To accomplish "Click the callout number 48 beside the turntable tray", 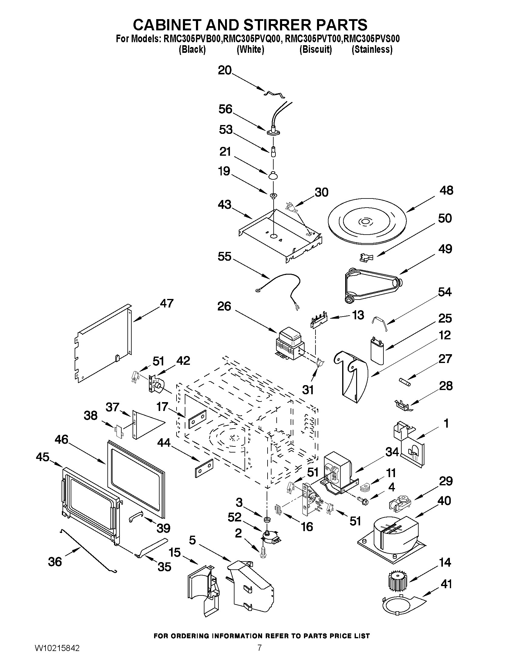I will pos(446,191).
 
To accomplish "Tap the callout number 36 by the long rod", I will pos(55,562).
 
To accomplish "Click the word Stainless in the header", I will pos(372,49).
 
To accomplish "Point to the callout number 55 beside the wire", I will pos(224,257).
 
